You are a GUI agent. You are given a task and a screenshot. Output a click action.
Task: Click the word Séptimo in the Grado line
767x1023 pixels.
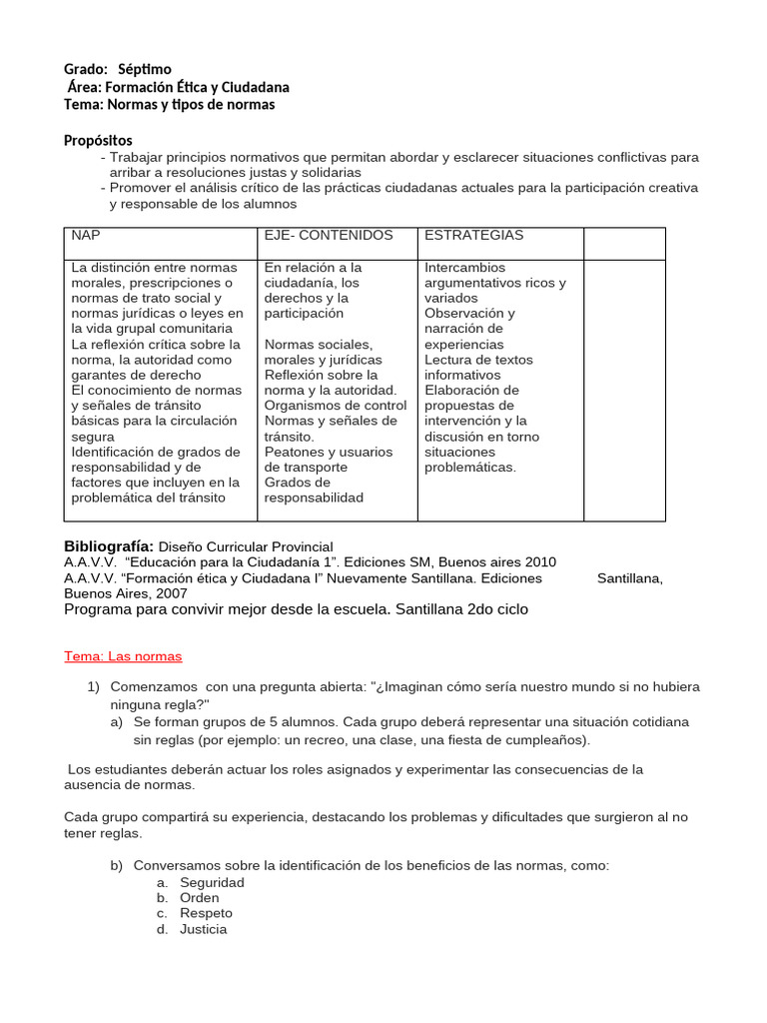tap(145, 69)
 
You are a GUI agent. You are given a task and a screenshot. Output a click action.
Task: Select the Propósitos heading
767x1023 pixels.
tap(98, 141)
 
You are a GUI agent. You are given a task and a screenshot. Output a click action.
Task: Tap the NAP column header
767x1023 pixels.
tap(86, 236)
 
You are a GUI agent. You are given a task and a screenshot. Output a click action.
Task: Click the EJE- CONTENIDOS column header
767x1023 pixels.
tap(329, 236)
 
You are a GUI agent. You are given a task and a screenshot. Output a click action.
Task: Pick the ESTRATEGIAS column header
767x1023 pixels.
tap(473, 236)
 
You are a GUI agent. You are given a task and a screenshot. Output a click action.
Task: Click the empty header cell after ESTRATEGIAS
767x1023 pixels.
tap(624, 243)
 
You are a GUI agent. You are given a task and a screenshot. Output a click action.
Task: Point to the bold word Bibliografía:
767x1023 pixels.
tap(109, 546)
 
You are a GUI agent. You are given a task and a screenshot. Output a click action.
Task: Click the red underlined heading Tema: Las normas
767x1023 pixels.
tap(123, 656)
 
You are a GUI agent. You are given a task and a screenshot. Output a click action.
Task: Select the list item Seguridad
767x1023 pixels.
tap(212, 883)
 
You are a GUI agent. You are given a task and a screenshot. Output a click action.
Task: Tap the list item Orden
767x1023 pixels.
tap(200, 898)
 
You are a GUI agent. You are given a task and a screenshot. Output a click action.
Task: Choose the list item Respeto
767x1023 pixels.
tap(206, 913)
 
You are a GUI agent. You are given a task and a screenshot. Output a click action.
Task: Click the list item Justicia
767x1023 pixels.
tap(204, 929)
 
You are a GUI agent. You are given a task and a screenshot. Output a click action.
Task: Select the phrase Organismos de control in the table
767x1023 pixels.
tap(336, 406)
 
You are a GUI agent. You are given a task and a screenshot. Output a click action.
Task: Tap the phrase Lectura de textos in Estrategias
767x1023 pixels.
tap(478, 360)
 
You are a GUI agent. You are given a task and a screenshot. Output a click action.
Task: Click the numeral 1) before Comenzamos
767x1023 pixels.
tap(94, 687)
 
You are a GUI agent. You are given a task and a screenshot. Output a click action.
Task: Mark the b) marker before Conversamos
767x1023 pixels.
tap(117, 865)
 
